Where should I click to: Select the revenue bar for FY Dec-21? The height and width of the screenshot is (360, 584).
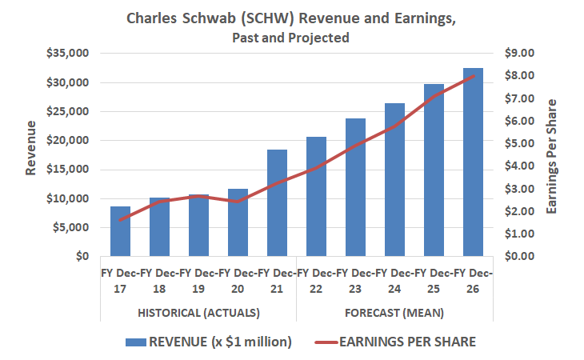click(x=277, y=203)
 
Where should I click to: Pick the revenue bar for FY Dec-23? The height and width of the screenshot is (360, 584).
click(x=355, y=187)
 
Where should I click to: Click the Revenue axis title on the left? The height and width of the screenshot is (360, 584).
click(x=30, y=147)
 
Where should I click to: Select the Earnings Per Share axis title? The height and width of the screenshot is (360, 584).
click(x=551, y=156)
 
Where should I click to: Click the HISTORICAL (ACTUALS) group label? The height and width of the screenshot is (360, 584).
click(x=198, y=311)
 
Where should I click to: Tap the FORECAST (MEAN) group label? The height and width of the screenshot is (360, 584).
click(x=394, y=311)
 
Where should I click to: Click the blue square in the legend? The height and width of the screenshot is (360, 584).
click(x=135, y=342)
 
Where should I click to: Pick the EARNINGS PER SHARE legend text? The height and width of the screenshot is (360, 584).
click(x=408, y=342)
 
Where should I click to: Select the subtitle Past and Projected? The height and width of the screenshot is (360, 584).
click(x=291, y=38)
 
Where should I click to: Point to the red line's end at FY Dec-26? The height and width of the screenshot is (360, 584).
click(x=473, y=76)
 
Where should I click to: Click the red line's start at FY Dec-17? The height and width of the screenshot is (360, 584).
click(x=120, y=220)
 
